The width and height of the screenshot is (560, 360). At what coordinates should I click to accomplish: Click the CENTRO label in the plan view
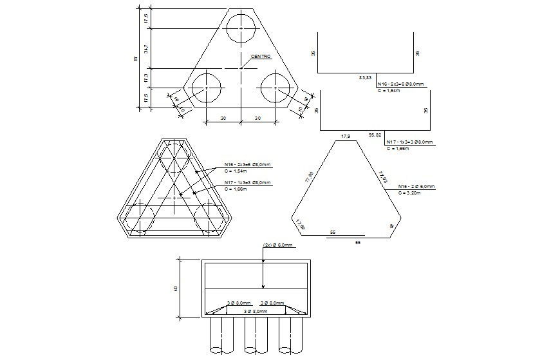click(261, 57)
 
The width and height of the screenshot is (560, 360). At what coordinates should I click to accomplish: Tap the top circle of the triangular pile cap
click(240, 28)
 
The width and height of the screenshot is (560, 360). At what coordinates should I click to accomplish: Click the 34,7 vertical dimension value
click(147, 48)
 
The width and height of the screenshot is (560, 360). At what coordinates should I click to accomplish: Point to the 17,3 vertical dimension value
click(147, 77)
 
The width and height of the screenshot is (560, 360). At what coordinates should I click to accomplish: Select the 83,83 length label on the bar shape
click(365, 77)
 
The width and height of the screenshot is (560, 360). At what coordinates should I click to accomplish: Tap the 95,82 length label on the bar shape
click(375, 135)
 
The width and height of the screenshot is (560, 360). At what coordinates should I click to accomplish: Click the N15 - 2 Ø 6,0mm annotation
click(416, 186)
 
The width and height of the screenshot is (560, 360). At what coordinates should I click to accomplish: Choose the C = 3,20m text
click(409, 193)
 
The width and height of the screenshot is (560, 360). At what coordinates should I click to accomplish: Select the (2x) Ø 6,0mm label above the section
click(278, 245)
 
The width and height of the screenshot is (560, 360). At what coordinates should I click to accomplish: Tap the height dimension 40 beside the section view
click(176, 289)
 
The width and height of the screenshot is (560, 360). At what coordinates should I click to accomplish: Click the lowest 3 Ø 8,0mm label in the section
click(256, 312)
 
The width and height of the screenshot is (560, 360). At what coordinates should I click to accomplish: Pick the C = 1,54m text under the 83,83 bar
click(389, 91)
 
